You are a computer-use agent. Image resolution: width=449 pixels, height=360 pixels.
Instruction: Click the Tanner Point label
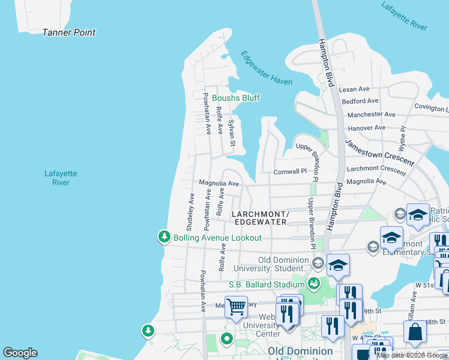pos(68,32)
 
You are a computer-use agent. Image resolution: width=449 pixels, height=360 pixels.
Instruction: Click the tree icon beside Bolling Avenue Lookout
pos(164,238)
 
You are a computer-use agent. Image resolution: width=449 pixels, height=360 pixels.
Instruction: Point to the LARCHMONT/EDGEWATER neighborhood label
pos(261,218)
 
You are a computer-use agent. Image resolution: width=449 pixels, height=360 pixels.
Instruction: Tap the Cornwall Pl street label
pos(290,171)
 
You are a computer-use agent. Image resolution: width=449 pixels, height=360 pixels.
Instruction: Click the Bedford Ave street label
pos(360,101)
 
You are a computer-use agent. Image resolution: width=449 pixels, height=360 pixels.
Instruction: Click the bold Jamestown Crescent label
pos(379,152)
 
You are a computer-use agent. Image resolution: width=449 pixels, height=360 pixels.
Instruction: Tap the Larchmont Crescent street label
pos(376,170)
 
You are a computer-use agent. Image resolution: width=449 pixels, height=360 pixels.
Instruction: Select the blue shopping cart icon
pos(237,307)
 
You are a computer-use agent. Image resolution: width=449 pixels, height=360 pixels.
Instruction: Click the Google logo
pos(20,353)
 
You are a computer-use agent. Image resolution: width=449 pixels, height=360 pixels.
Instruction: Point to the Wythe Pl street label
pos(403,139)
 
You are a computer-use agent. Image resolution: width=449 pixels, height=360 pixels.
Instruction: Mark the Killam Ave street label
pos(413,305)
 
